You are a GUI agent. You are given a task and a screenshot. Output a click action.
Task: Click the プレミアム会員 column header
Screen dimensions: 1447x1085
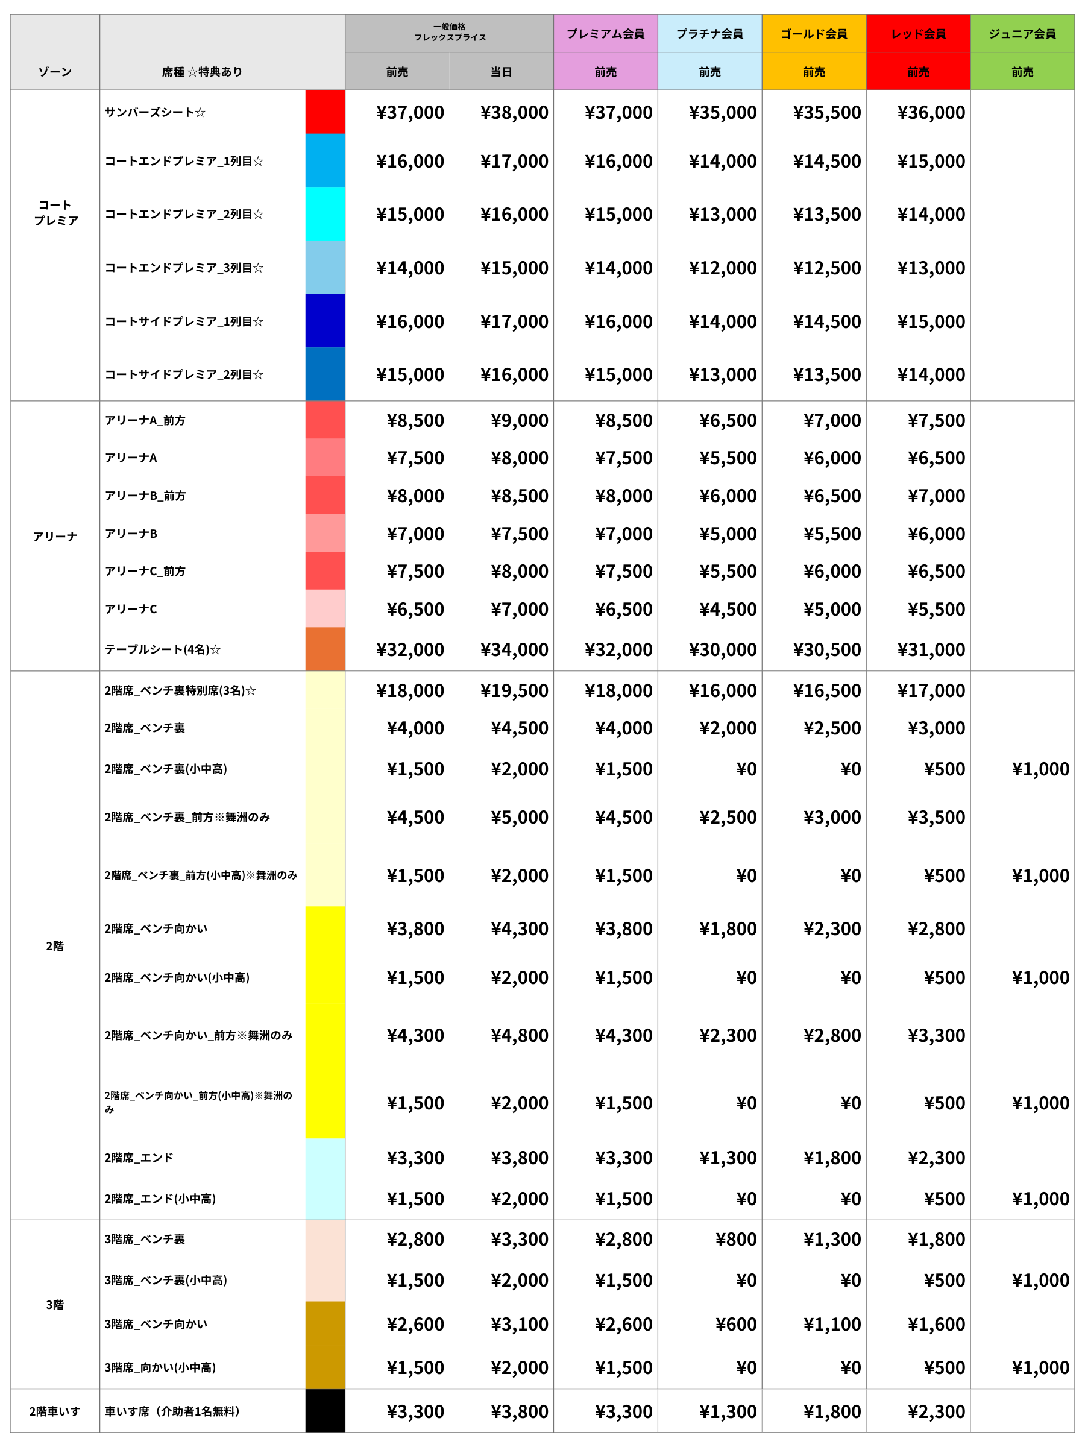[606, 33]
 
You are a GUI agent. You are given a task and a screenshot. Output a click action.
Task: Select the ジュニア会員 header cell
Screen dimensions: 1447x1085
[1022, 33]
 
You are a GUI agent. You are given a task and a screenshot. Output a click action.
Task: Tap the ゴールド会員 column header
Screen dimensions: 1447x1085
[814, 33]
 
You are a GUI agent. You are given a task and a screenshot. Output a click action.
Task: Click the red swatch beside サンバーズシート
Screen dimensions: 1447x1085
[325, 112]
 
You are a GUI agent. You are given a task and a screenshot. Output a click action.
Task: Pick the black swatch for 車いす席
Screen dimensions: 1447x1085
[325, 1411]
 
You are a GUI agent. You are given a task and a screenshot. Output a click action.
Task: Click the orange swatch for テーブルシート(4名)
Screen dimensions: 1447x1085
[325, 649]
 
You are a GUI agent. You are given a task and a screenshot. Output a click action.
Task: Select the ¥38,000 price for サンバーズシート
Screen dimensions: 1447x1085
[514, 113]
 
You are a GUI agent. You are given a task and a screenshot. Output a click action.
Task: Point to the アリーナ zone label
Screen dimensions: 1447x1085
[55, 537]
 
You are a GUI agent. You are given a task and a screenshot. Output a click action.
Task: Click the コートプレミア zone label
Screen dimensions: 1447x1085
[55, 213]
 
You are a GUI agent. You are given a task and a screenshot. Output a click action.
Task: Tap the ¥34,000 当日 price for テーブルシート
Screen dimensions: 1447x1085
[514, 649]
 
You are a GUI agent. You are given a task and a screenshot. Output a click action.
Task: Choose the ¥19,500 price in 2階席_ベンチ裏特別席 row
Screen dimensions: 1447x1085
[514, 690]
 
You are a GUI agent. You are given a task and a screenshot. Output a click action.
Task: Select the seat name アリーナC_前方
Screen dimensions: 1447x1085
[145, 571]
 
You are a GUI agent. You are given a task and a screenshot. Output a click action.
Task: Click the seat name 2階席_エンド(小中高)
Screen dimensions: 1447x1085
[160, 1199]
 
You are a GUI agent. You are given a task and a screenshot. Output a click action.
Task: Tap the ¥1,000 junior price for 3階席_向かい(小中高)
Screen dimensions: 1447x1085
[1040, 1367]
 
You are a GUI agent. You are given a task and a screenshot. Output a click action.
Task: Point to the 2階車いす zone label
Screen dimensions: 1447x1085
[55, 1411]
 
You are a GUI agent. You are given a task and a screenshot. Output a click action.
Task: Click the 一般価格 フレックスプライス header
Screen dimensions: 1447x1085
[449, 32]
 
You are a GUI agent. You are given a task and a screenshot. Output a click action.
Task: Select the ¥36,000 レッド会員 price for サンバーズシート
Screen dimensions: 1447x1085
[931, 113]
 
